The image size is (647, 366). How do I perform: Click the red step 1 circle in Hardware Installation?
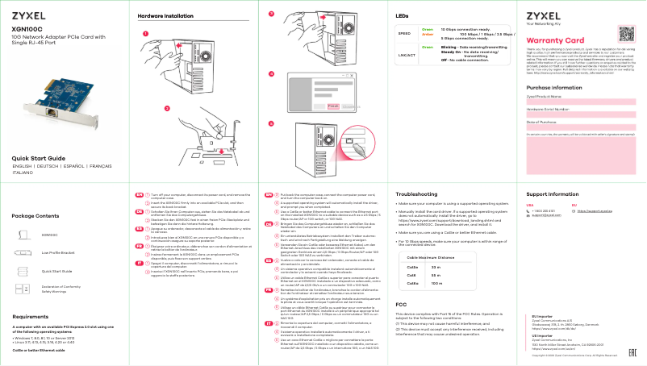[145, 34]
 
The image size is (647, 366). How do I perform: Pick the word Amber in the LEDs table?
[428, 35]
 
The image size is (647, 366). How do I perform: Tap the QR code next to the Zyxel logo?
[628, 33]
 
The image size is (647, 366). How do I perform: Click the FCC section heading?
[401, 304]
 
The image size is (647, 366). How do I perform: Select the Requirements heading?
[31, 317]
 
